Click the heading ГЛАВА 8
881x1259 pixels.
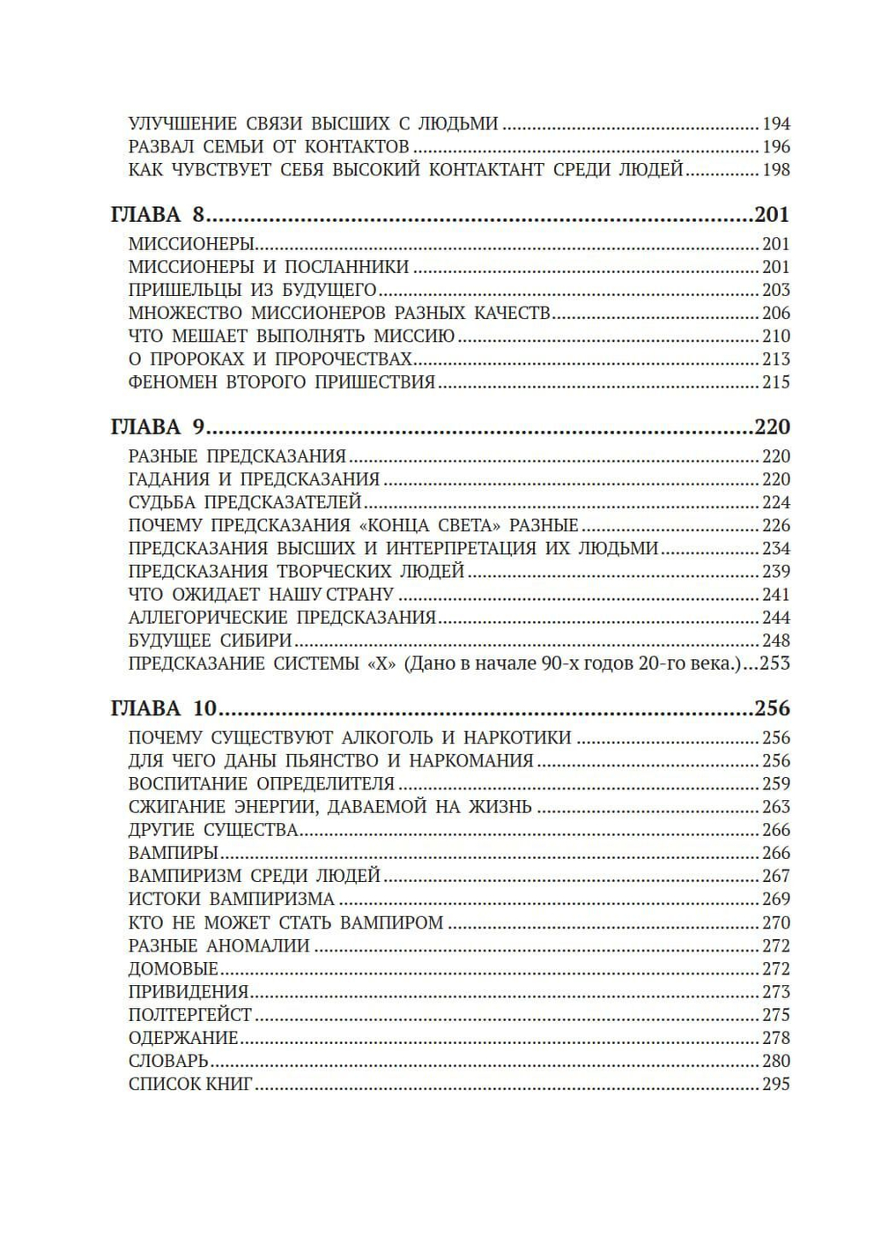[x=158, y=215]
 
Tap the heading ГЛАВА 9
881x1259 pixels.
[x=158, y=427]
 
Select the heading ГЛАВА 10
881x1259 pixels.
[x=164, y=709]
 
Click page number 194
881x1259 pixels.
[x=775, y=124]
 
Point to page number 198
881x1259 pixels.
[x=775, y=170]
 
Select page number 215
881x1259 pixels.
[x=775, y=382]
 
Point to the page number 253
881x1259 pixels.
[x=775, y=663]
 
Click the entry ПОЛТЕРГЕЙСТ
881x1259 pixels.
[x=189, y=1015]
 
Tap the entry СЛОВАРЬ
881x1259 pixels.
[x=168, y=1061]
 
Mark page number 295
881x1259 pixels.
[x=775, y=1084]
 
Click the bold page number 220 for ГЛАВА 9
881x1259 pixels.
[x=773, y=427]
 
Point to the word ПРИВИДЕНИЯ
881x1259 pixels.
[x=188, y=992]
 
